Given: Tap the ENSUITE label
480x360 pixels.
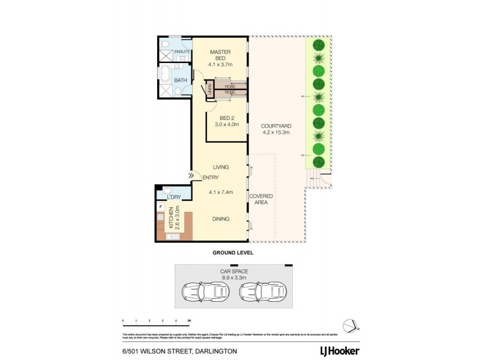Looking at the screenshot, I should coord(182,52).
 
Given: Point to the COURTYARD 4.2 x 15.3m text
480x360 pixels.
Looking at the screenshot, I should coord(275,129).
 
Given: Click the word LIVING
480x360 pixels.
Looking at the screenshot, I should coord(221,166).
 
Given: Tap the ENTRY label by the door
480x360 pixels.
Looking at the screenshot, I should coord(210,177).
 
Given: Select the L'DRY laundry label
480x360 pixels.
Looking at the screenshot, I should coord(174,197).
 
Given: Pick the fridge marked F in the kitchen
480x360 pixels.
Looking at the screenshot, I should coord(160,207).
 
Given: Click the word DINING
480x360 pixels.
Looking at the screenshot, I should coord(221,219).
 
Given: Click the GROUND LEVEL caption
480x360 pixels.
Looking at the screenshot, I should coord(233,253).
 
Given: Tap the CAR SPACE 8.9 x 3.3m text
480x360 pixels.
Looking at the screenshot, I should coord(233,275).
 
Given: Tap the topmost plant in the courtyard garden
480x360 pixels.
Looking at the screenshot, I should coord(319,45).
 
